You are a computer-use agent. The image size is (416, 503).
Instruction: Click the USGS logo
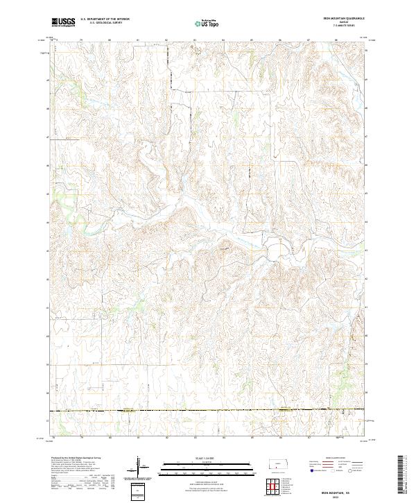coord(63,22)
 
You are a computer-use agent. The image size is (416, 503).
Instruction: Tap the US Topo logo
coord(207,23)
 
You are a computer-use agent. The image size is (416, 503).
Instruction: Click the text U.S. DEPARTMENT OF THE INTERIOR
coord(104,19)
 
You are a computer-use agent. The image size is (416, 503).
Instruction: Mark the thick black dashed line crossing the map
coord(208,411)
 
